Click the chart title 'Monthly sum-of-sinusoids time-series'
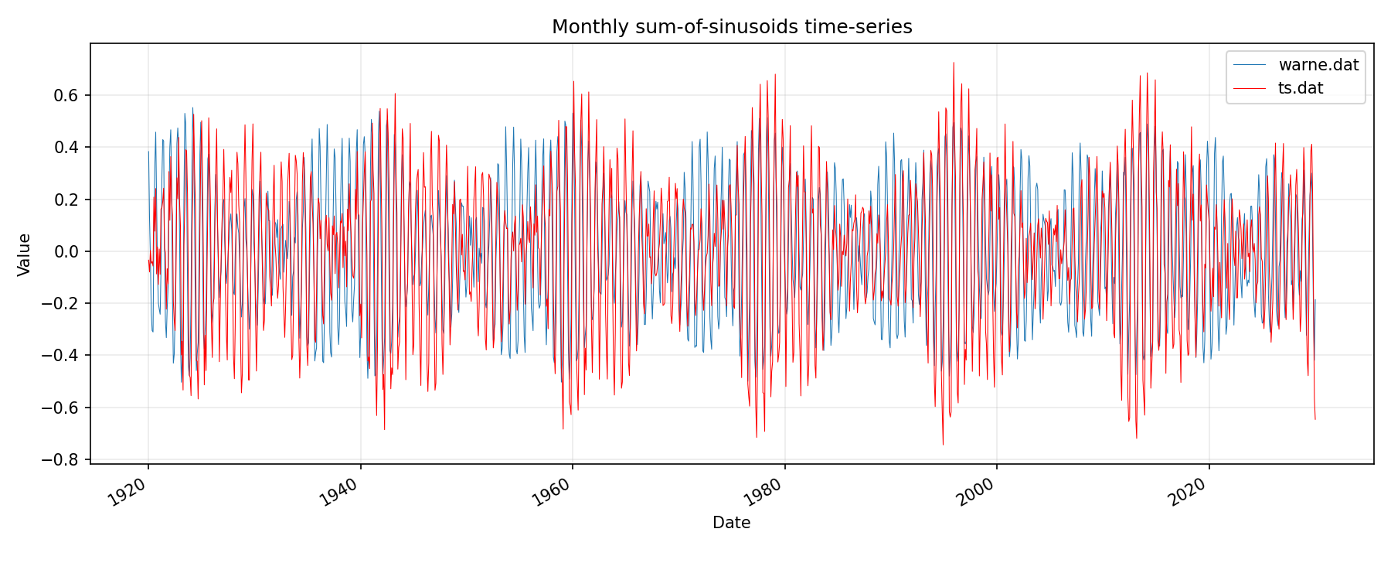click(x=732, y=27)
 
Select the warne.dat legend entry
click(x=1318, y=65)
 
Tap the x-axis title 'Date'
click(x=731, y=523)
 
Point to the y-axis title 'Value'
click(x=25, y=254)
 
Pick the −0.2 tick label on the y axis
click(x=63, y=304)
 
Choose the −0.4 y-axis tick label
click(x=63, y=356)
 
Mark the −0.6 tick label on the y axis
click(x=63, y=408)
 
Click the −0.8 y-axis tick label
click(x=63, y=460)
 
